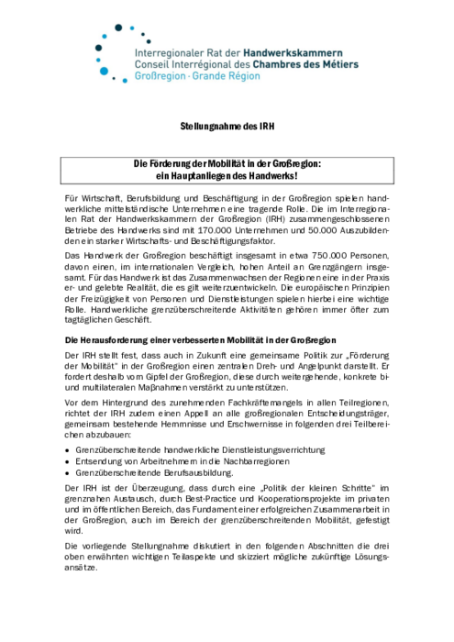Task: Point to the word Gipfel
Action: tap(140, 376)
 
